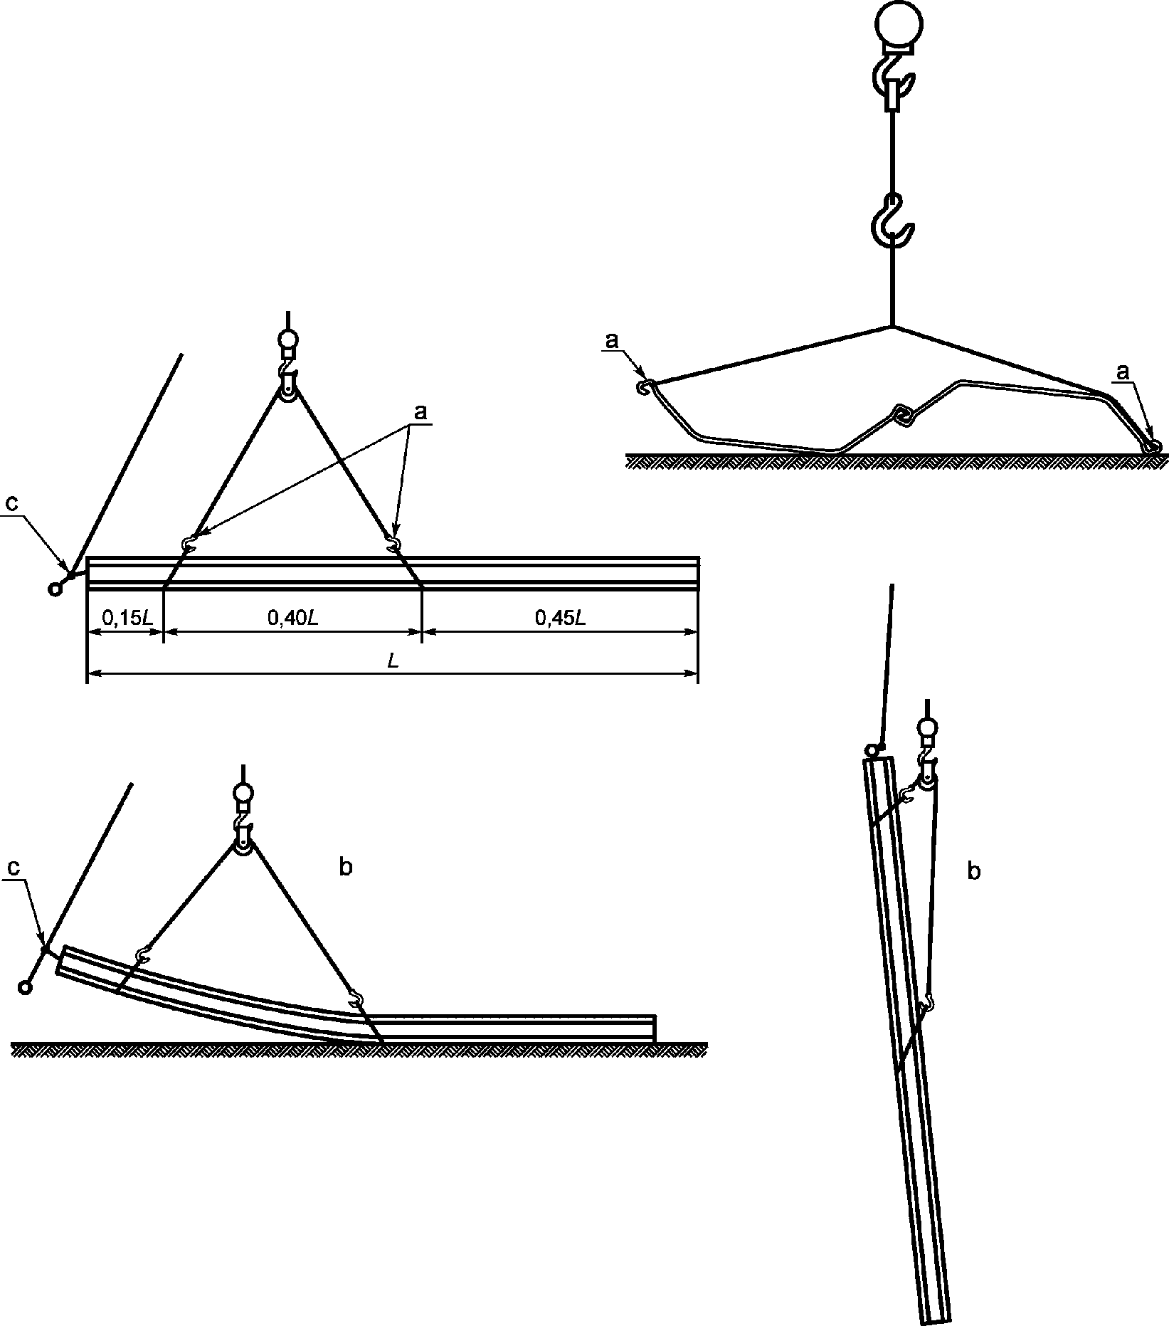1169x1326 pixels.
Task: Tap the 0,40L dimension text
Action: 292,618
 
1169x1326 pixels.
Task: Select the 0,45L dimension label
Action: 561,618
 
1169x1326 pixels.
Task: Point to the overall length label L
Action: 393,661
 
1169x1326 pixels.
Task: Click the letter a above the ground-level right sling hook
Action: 1123,372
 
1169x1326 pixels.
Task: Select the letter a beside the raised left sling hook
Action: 611,342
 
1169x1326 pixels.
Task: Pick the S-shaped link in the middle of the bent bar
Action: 903,414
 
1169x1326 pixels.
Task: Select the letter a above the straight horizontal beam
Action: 420,411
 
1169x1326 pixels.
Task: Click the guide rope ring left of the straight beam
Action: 54,589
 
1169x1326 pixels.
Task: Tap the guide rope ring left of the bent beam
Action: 26,987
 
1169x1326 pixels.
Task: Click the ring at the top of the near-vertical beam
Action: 872,750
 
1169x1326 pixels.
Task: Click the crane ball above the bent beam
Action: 243,792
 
